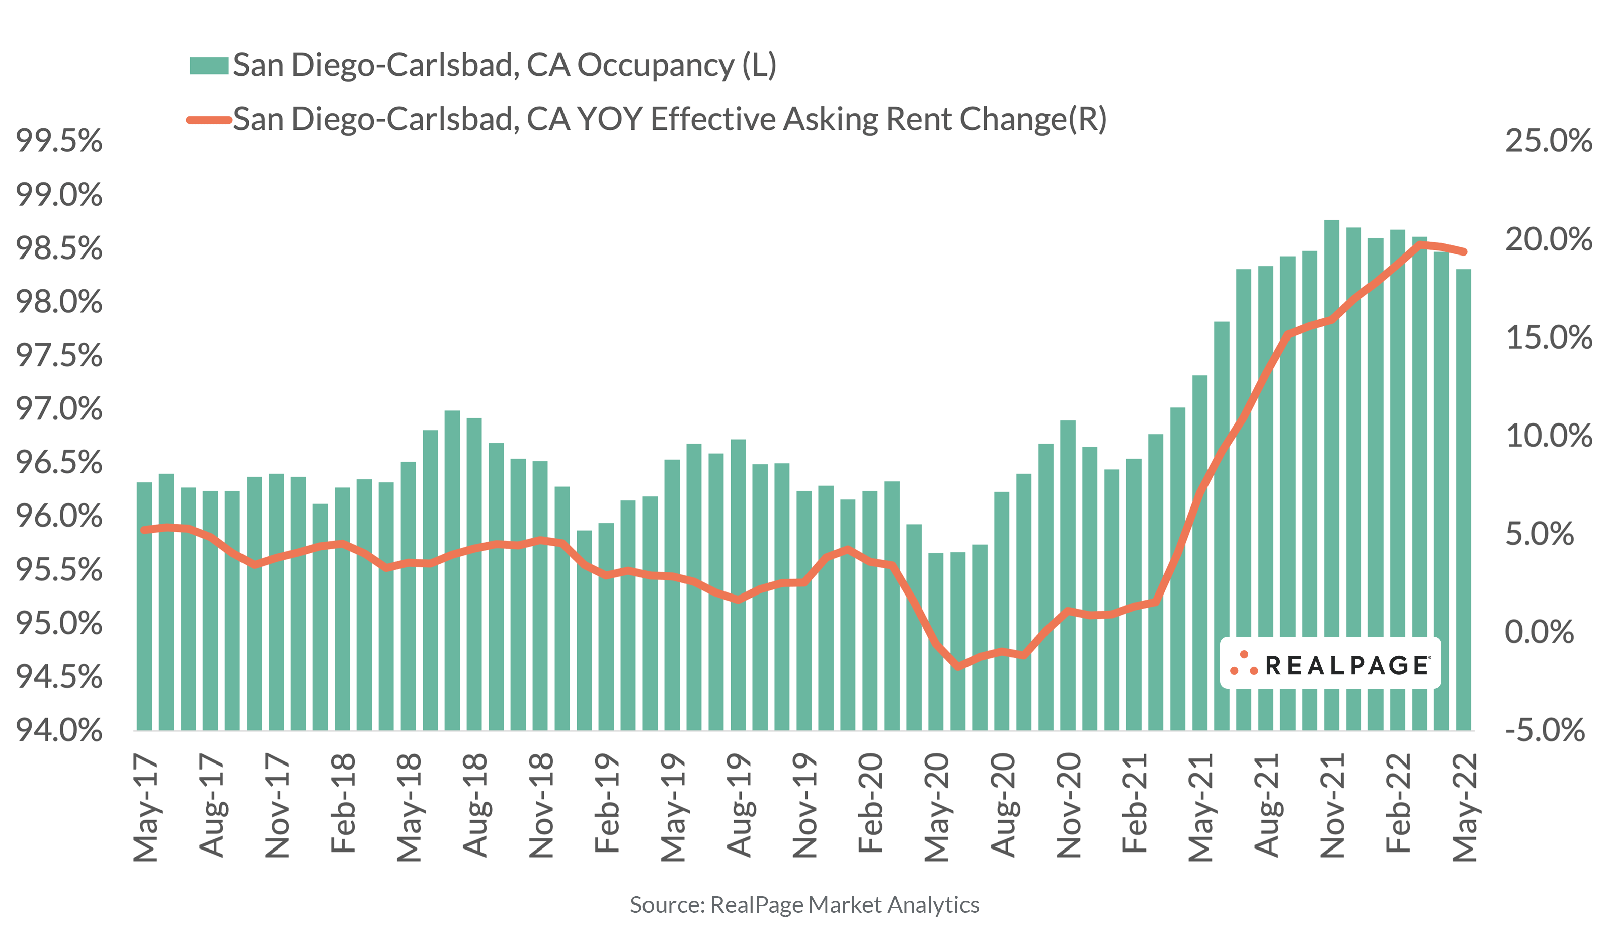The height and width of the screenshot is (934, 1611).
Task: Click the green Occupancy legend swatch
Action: click(208, 66)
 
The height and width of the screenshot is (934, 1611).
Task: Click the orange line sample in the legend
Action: click(208, 120)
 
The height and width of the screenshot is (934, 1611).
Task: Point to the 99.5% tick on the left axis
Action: click(59, 141)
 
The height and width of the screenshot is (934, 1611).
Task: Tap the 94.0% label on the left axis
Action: click(59, 731)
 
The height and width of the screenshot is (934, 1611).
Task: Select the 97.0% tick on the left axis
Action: click(59, 409)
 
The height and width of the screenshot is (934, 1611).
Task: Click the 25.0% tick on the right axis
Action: click(1548, 141)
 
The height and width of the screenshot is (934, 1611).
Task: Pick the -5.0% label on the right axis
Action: click(1545, 731)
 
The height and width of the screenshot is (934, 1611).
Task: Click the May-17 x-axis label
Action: click(146, 807)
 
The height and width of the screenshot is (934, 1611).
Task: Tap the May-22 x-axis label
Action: click(1465, 807)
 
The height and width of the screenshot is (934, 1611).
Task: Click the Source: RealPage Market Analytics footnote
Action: click(804, 905)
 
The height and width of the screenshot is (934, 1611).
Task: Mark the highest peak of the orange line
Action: click(1419, 245)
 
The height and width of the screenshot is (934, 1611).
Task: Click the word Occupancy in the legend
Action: click(656, 66)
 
